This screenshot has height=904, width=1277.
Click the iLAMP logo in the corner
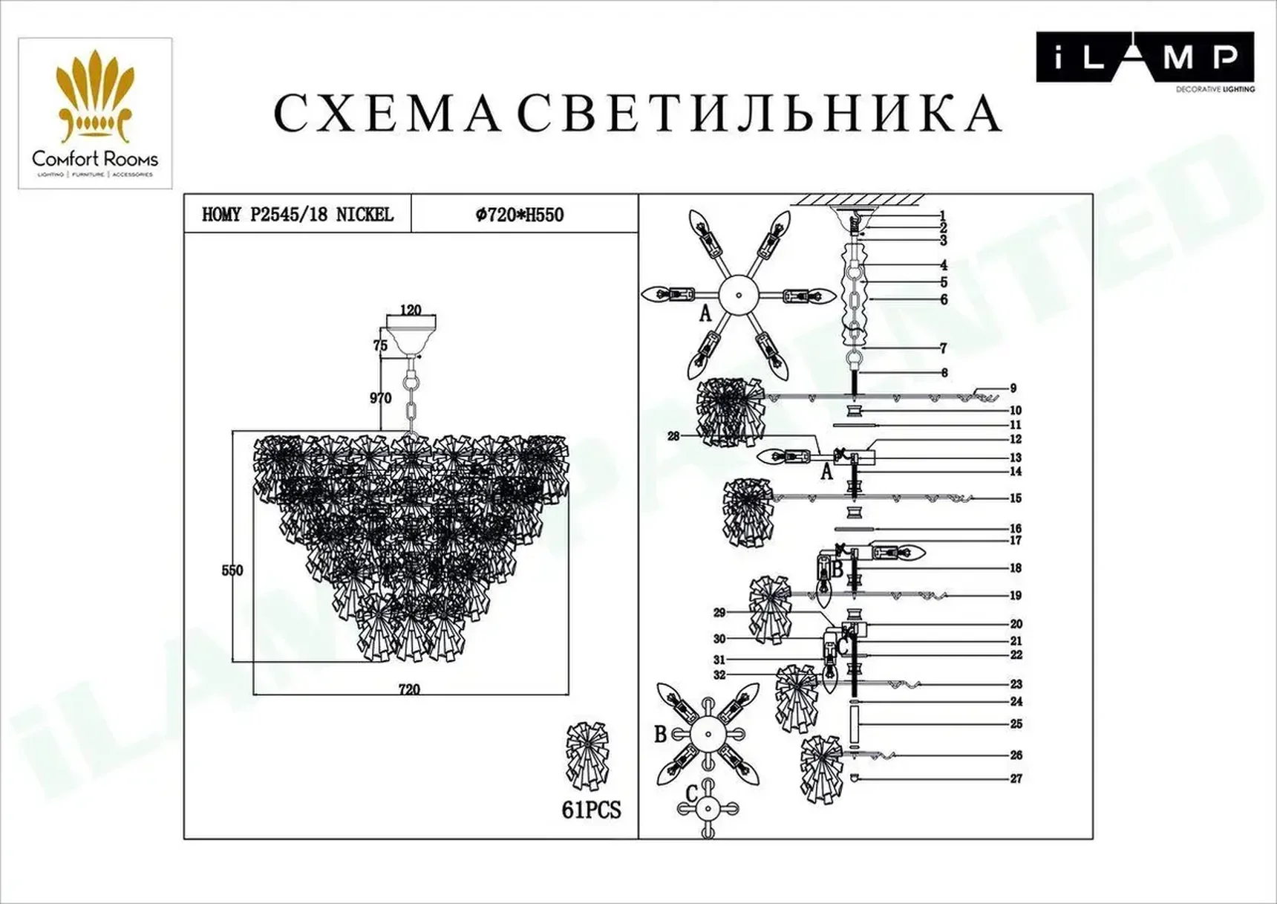pos(1144,58)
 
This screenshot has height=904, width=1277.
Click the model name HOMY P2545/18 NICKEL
pos(297,215)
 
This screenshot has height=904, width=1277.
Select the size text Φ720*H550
pos(520,215)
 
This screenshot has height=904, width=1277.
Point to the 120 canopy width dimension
pos(410,310)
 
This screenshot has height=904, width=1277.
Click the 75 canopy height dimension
pos(380,345)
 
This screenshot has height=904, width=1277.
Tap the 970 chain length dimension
pos(380,398)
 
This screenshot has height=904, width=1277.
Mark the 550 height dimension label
pos(232,570)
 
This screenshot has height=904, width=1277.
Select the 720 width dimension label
pos(409,689)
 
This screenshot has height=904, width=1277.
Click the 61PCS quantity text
pos(591,810)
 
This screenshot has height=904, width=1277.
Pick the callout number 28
pos(673,436)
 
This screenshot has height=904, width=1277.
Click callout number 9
pos(1013,388)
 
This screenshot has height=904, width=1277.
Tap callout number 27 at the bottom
pos(1016,778)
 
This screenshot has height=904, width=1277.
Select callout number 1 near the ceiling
pos(943,216)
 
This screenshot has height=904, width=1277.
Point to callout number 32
pos(719,675)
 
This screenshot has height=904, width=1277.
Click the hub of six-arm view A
pos(739,294)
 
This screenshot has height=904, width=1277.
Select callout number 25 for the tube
pos(1016,723)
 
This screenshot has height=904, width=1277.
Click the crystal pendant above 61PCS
pos(587,755)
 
